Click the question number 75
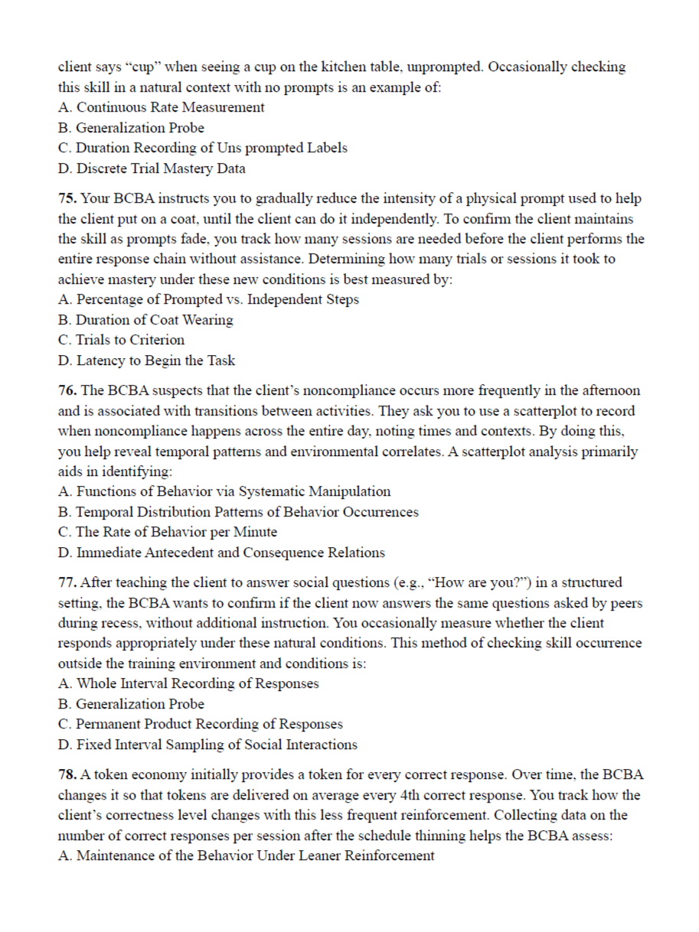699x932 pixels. coord(67,198)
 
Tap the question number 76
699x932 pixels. coord(67,390)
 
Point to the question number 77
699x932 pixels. coord(67,582)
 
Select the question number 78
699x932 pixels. coord(67,774)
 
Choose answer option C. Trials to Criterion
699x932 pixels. coord(122,340)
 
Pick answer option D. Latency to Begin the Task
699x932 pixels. coord(147,360)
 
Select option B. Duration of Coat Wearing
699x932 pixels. coord(146,320)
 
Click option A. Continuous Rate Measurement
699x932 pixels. coord(162,107)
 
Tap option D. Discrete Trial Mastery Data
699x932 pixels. coord(152,168)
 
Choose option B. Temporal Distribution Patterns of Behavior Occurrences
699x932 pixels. coord(239,512)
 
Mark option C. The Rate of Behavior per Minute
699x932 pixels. coord(168,532)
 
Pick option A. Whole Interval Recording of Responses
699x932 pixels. coord(189,683)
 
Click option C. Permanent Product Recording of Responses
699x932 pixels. coord(201,724)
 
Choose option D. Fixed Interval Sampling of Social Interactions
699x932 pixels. coord(208,745)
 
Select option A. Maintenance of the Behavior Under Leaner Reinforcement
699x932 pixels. coord(247,855)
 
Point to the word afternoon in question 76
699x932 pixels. coord(612,390)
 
